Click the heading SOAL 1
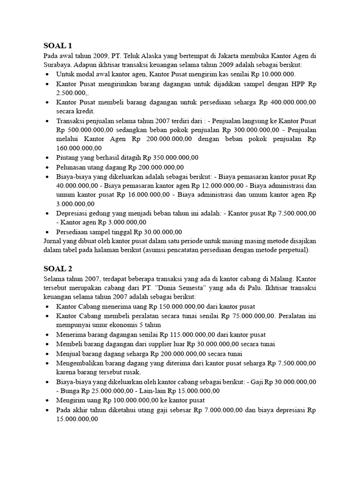pos(58,45)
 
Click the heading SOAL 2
pos(58,268)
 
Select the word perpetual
pos(292,250)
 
